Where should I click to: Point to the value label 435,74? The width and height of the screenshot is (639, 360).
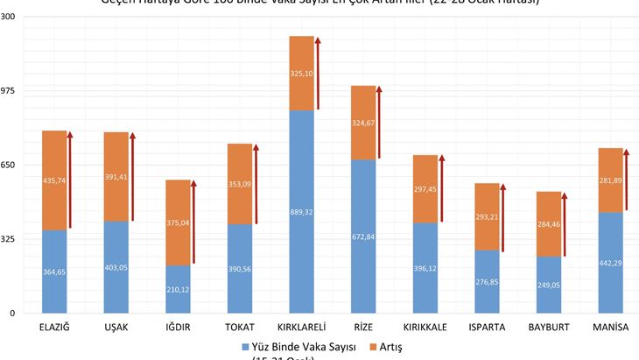point(54,180)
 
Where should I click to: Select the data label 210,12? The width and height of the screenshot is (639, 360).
point(178,289)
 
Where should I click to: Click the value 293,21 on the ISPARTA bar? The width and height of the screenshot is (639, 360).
point(487,217)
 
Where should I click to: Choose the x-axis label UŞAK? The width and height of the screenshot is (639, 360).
point(116,328)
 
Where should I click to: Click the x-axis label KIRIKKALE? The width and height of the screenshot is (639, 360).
point(425,328)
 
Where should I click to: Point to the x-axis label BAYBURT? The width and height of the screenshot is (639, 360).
point(549,328)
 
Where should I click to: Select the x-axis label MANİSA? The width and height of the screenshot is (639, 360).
point(610,328)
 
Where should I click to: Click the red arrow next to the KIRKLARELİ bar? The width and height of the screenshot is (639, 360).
point(318,74)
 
